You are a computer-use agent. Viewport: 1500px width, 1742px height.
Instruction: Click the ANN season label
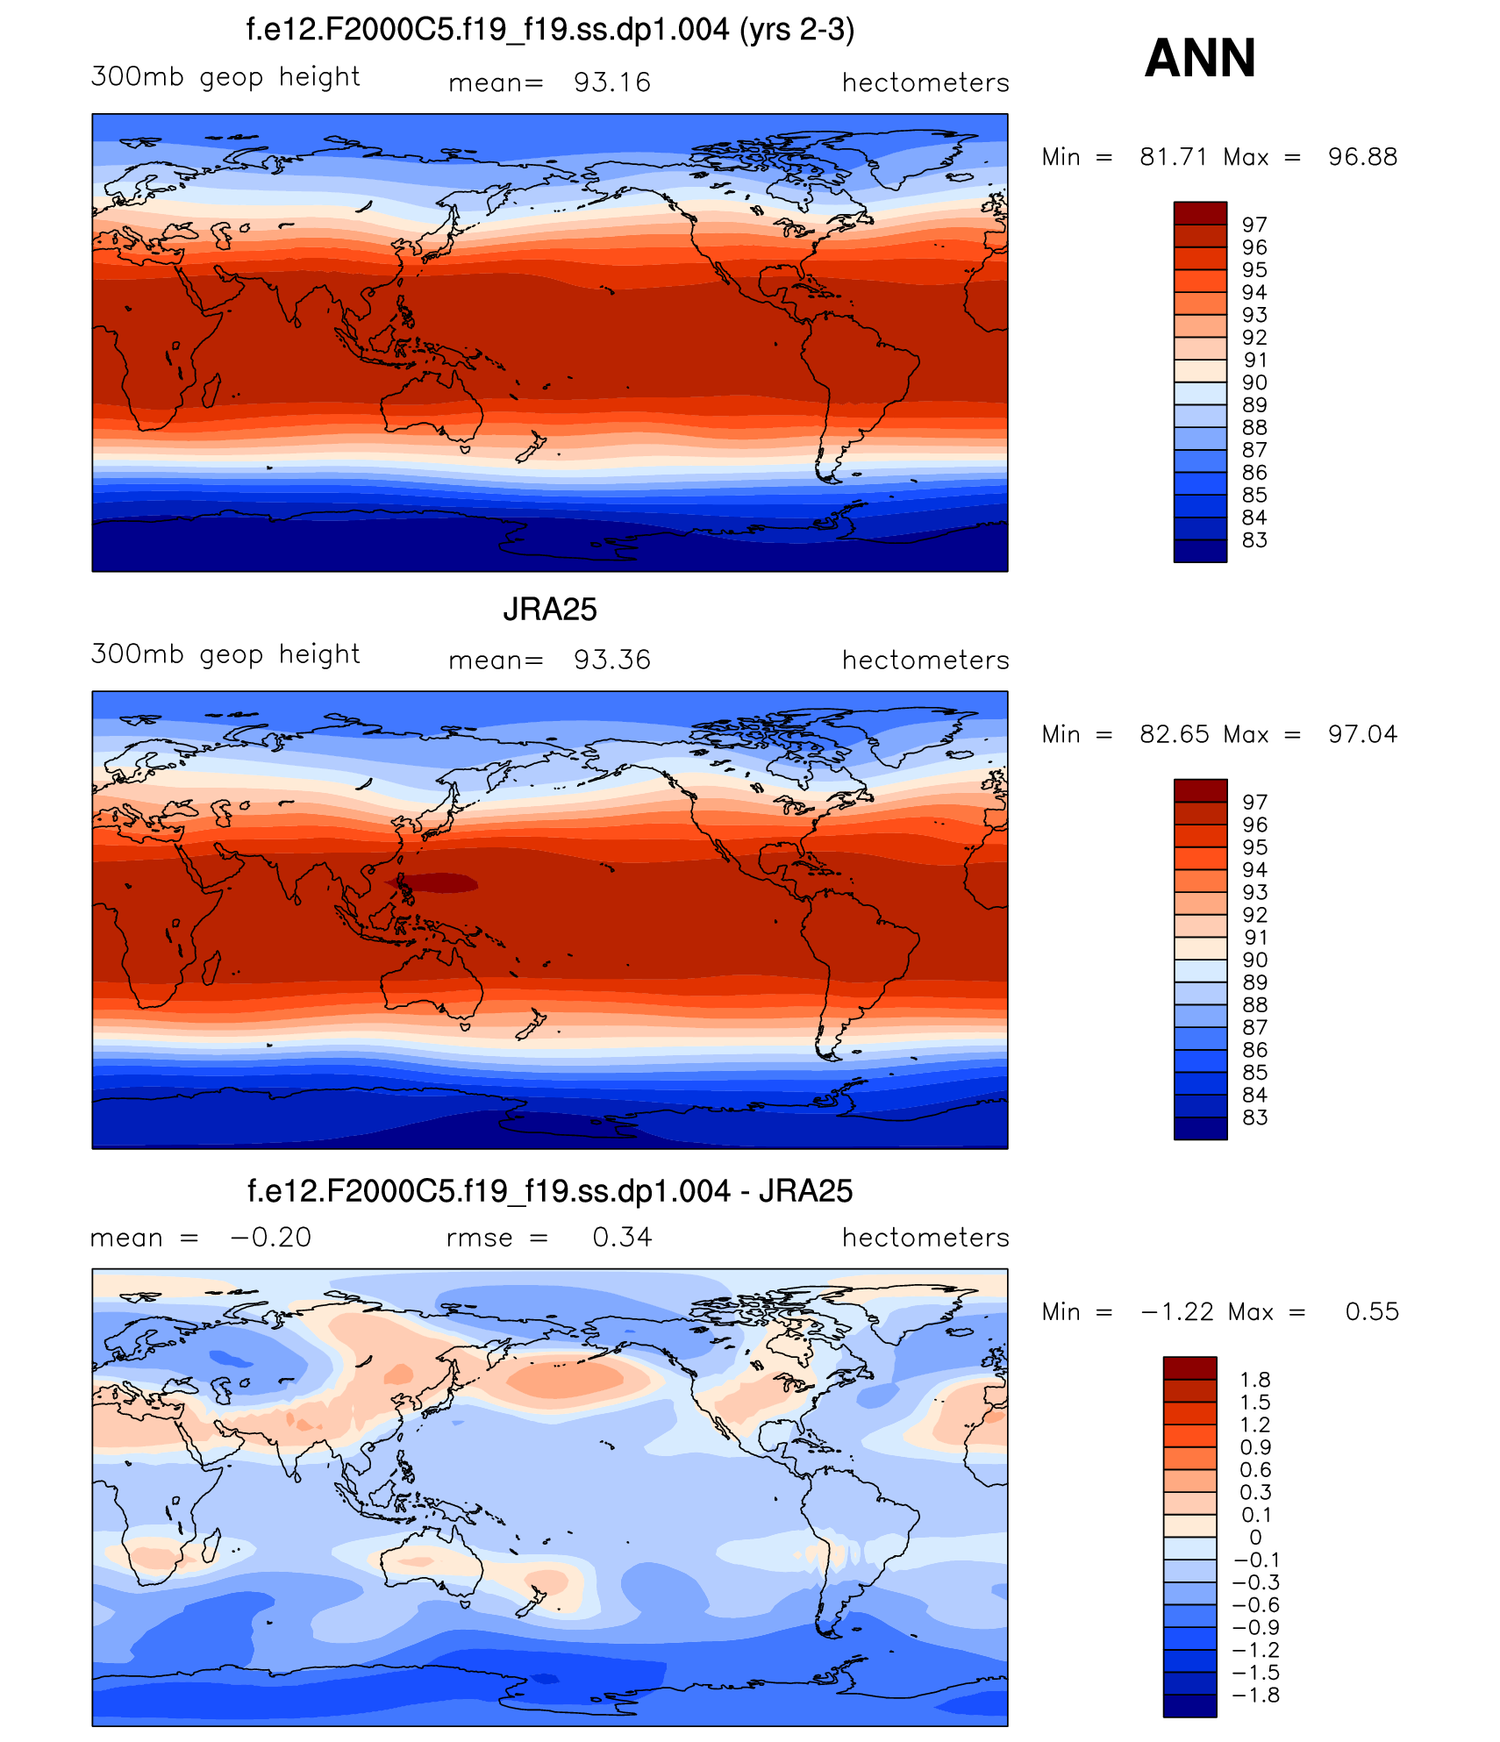[x=1200, y=58]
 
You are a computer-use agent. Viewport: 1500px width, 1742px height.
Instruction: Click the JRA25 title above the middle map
[x=550, y=610]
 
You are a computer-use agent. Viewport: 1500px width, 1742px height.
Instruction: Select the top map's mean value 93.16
[x=611, y=82]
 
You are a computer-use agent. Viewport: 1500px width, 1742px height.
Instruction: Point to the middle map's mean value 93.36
[x=611, y=660]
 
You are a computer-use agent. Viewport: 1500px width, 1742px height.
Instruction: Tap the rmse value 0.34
[x=622, y=1237]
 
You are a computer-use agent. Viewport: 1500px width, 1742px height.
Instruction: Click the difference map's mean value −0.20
[x=270, y=1237]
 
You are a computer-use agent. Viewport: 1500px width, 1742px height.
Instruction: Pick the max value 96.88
[x=1362, y=157]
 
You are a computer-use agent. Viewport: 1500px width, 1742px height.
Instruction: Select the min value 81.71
[x=1174, y=157]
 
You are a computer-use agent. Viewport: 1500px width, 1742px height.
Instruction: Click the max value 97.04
[x=1362, y=734]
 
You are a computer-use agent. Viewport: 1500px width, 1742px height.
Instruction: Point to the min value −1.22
[x=1177, y=1311]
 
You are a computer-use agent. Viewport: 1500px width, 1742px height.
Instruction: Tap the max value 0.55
[x=1372, y=1311]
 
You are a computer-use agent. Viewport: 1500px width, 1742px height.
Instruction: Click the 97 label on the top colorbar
[x=1254, y=225]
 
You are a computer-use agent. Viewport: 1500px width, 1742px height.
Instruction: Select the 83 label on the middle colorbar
[x=1254, y=1117]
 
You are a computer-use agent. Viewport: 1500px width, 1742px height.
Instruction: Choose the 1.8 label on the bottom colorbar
[x=1255, y=1380]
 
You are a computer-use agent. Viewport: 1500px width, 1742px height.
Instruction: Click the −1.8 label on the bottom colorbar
[x=1255, y=1695]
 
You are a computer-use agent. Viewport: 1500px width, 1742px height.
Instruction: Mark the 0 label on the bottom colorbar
[x=1255, y=1537]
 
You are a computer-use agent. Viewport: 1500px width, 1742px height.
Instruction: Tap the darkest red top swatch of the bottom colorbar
[x=1189, y=1367]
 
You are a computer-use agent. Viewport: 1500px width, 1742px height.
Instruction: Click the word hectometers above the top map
[x=925, y=82]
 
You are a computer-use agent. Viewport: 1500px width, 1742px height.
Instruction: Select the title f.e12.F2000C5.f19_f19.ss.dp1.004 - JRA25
[x=550, y=1191]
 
